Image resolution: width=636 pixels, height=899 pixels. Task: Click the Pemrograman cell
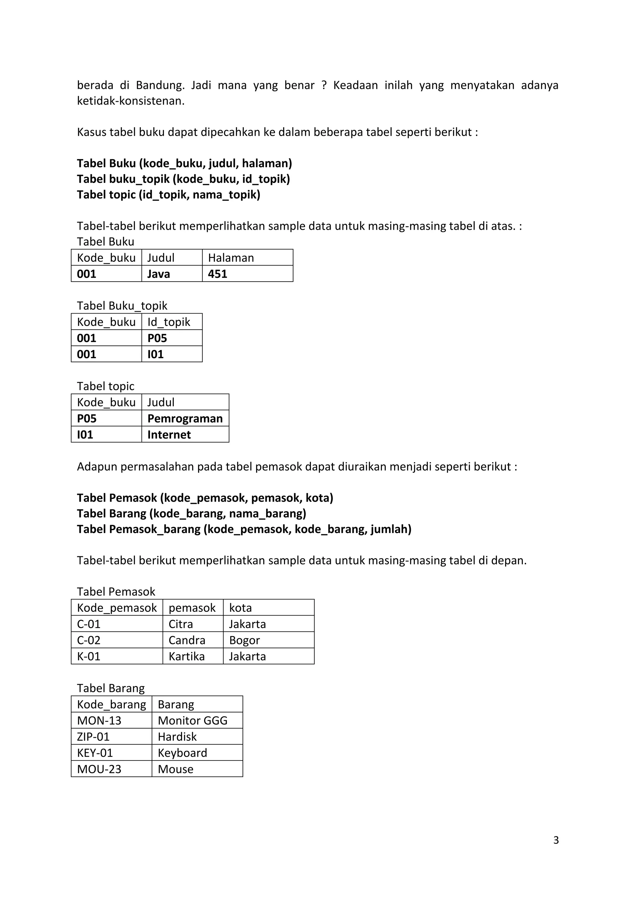coord(185,418)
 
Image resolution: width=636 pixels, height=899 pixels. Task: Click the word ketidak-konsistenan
coord(130,101)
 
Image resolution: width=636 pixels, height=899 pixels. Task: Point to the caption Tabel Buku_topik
coord(122,306)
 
